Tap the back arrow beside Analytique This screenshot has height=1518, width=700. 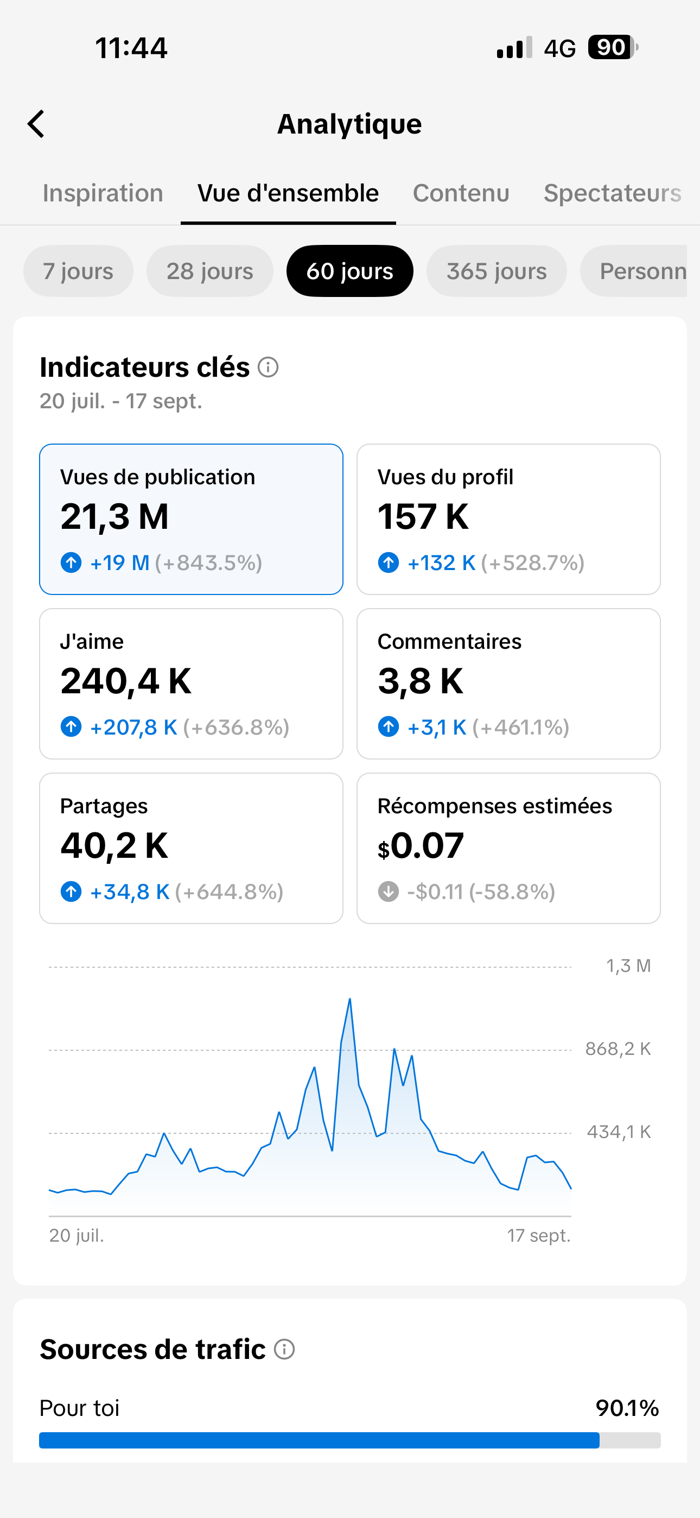(36, 124)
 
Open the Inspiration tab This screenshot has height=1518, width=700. (103, 193)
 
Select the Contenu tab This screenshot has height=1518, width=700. (461, 193)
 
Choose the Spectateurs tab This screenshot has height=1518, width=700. (612, 193)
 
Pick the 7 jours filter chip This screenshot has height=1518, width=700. (78, 271)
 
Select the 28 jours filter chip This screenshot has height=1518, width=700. (210, 271)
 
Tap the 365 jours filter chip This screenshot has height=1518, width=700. (496, 271)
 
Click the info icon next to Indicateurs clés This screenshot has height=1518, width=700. (268, 367)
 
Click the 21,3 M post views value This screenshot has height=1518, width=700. (114, 517)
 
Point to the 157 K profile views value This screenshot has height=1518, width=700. (423, 517)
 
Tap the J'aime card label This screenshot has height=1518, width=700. (92, 641)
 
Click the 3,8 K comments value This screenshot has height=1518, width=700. (420, 681)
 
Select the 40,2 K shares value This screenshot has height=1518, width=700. (114, 846)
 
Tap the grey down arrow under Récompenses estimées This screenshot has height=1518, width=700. (389, 891)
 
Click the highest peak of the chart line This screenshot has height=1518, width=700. (350, 999)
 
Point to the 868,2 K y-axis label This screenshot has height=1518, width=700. (618, 1049)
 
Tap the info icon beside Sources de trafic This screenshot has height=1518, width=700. (284, 1350)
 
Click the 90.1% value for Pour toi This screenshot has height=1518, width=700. (627, 1408)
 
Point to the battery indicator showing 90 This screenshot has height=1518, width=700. (613, 48)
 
